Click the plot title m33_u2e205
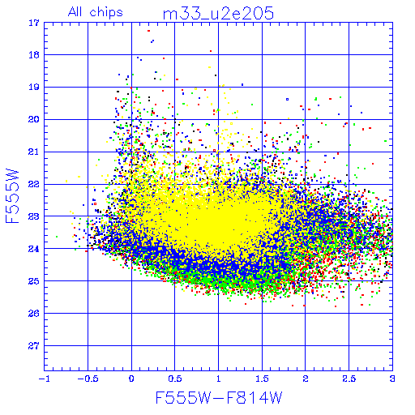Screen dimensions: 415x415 pos(218,13)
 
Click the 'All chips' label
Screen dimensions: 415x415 pos(96,12)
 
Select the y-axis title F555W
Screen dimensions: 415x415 pos(12,196)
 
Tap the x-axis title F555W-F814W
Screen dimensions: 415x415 pos(219,397)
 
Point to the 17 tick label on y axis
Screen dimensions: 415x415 pos(34,23)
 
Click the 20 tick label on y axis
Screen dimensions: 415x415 pos(34,119)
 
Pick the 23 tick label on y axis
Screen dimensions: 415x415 pos(34,216)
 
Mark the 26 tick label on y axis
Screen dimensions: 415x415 pos(34,313)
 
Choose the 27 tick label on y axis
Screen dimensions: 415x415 pos(34,345)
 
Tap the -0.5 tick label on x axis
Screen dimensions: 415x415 pos(88,379)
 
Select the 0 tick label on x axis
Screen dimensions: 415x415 pos(131,379)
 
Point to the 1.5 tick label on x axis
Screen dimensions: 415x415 pos(262,379)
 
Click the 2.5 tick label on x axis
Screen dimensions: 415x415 pos(349,379)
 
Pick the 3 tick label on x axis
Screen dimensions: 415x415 pos(392,379)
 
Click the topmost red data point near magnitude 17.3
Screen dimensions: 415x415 pos(148,31)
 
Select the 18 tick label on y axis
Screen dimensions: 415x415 pos(34,55)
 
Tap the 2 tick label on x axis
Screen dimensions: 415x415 pos(306,379)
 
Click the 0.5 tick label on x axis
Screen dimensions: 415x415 pos(175,379)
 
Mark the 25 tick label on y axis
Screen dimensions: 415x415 pos(34,281)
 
